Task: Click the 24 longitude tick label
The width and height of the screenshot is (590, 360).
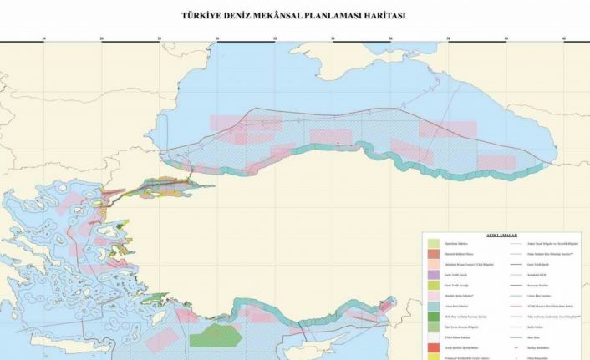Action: click(x=43, y=38)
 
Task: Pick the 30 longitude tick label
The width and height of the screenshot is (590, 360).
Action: click(x=217, y=38)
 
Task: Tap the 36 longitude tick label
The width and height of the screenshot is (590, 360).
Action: click(x=391, y=38)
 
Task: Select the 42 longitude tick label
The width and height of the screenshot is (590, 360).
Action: click(x=564, y=38)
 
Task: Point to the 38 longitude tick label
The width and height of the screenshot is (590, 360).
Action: click(x=449, y=38)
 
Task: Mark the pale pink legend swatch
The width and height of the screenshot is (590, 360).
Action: click(x=434, y=296)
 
